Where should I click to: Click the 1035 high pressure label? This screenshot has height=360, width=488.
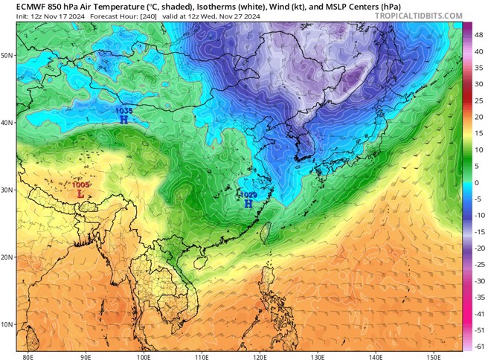[123, 110]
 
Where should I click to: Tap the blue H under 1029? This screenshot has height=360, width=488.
[248, 202]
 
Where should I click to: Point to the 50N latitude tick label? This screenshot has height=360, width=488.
[9, 56]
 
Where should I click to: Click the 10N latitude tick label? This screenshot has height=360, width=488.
[9, 324]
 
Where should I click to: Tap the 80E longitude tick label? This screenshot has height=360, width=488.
[28, 356]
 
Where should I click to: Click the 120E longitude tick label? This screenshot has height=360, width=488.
[260, 356]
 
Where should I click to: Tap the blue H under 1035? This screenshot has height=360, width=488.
[123, 118]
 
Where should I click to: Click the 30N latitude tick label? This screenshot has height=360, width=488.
[9, 190]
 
